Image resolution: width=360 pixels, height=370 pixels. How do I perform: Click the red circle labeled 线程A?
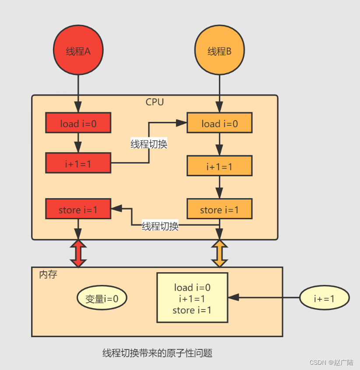coord(78,52)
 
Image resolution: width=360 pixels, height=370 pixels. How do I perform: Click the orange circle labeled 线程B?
coord(219,52)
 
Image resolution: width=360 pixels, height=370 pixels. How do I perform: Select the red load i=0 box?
coord(78,123)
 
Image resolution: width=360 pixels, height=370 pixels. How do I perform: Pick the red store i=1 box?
coord(78,210)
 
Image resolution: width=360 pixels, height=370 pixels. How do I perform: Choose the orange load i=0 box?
coord(219,123)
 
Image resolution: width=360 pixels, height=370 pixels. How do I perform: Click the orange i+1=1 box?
coord(219,166)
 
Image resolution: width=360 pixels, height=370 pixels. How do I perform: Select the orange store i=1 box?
coord(219,210)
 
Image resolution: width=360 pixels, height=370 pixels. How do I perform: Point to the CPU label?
coord(155,102)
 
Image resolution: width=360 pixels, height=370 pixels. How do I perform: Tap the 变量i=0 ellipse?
coord(102,299)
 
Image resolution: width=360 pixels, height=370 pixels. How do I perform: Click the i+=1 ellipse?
coord(325,299)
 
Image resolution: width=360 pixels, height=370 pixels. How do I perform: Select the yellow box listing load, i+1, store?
coord(192,299)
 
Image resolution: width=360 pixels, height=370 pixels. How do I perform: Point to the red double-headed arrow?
coord(78,253)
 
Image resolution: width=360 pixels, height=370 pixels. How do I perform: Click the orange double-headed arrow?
coord(219,253)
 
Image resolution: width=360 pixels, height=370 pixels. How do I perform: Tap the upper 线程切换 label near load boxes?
coord(149,143)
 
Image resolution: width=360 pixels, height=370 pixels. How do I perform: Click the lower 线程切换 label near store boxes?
coord(160,226)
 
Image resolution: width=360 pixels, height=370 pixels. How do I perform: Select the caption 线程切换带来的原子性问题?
coord(157,353)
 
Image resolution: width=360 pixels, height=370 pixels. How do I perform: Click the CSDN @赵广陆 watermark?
coord(331,363)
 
